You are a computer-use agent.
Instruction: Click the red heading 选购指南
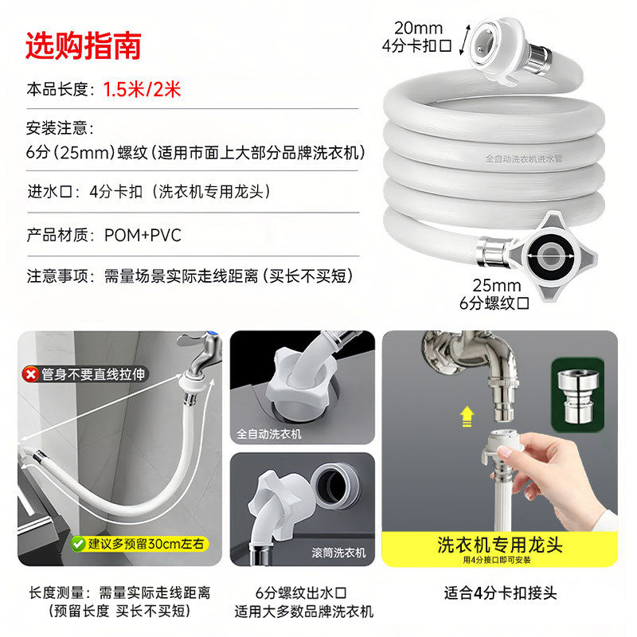(x=84, y=45)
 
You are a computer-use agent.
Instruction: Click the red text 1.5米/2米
(x=142, y=89)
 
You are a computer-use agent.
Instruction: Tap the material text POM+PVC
(x=143, y=235)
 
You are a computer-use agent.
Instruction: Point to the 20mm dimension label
(x=418, y=28)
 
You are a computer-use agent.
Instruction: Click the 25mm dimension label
(x=496, y=286)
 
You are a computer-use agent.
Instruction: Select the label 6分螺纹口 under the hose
(x=494, y=303)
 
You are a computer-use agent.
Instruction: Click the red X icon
(x=31, y=374)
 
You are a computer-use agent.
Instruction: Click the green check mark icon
(x=78, y=544)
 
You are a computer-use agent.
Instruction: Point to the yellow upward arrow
(x=467, y=416)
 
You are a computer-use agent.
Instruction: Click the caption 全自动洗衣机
(x=269, y=434)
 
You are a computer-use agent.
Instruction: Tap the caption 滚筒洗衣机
(x=338, y=553)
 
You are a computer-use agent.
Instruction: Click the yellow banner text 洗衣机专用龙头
(x=500, y=545)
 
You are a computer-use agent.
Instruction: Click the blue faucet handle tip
(x=213, y=335)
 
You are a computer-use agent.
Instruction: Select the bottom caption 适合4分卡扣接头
(x=500, y=593)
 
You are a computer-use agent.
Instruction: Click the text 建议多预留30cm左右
(x=146, y=544)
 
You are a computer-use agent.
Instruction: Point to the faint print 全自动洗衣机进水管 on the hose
(x=524, y=158)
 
